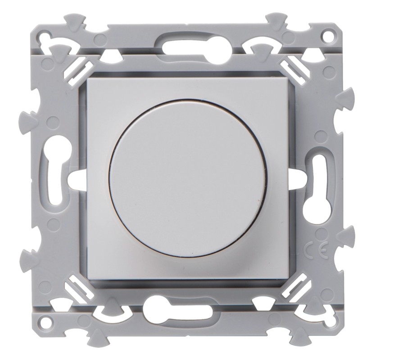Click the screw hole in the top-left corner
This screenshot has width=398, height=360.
(45, 34)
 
